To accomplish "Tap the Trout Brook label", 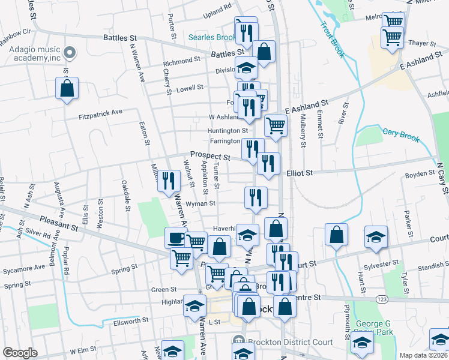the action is click(x=332, y=40).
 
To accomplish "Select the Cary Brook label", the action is click(x=401, y=135).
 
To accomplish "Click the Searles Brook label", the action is click(x=211, y=37).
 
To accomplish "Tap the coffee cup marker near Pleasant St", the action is click(x=176, y=238).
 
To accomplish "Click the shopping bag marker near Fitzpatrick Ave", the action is click(x=67, y=89).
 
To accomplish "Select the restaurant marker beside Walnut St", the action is click(x=169, y=181).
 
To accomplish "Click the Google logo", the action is click(x=19, y=353).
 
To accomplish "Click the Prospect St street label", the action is click(x=211, y=156).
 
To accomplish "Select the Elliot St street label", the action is click(x=300, y=173).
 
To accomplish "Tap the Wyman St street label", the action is click(x=201, y=203).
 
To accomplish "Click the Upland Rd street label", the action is click(x=218, y=10).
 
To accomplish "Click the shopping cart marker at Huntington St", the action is click(x=276, y=126).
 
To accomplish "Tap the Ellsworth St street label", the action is click(x=131, y=322).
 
